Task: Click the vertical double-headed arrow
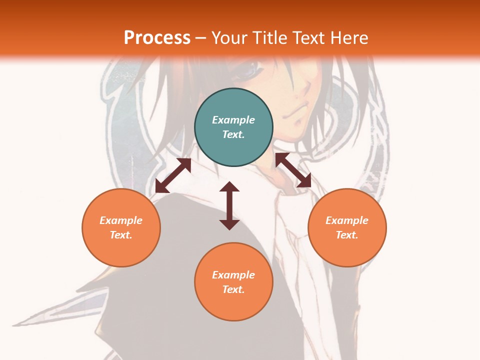[x=229, y=206]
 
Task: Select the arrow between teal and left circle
[x=173, y=175]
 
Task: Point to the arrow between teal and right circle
[x=293, y=170]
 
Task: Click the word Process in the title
[x=157, y=37]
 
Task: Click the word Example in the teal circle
[x=233, y=120]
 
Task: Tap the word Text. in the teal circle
[x=233, y=134]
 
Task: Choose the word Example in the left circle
[x=121, y=220]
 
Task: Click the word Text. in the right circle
[x=347, y=235]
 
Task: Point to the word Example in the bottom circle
[x=233, y=275]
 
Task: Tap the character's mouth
[x=298, y=109]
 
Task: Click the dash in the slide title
[x=201, y=38]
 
